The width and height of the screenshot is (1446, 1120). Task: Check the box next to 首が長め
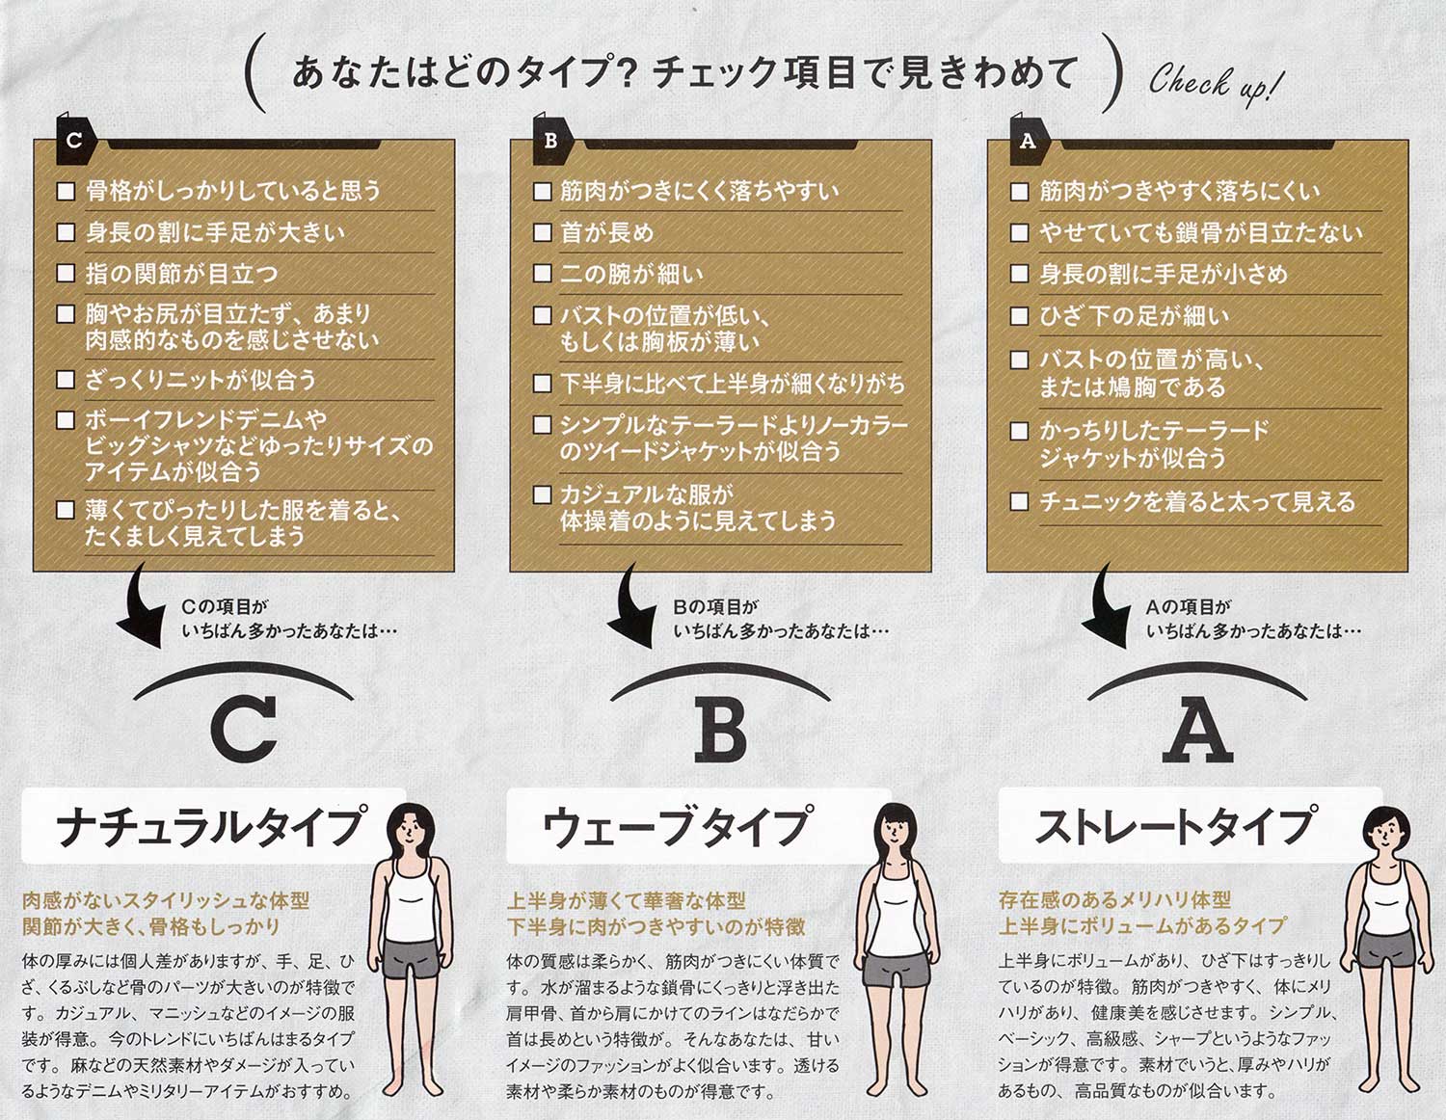tap(543, 232)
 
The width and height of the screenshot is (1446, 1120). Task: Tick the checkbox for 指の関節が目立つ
tap(66, 274)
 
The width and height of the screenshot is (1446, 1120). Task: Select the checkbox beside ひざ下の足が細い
tap(1019, 315)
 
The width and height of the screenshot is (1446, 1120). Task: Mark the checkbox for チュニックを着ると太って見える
tap(1019, 501)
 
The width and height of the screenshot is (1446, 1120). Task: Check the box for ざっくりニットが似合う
tap(66, 379)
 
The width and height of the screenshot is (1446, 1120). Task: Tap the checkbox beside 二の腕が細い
tap(543, 274)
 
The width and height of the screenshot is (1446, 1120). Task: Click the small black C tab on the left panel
tap(75, 141)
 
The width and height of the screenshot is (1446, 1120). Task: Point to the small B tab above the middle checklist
tap(551, 141)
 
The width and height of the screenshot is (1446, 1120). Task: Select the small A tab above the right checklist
tap(1028, 141)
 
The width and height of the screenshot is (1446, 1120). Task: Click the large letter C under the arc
tap(244, 730)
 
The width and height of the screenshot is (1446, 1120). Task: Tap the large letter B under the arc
tap(720, 730)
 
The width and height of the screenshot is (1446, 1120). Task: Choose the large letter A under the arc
tap(1198, 730)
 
